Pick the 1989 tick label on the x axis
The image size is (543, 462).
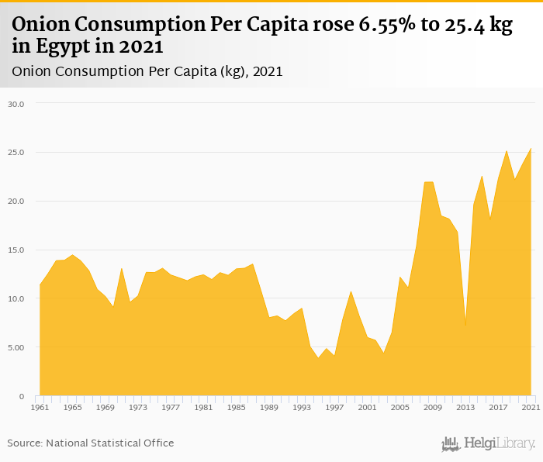tap(268, 407)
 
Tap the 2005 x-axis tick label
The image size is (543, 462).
tap(399, 407)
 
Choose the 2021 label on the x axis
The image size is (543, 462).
tap(531, 407)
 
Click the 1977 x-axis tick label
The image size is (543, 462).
tap(170, 407)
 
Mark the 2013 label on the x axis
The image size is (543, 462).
tap(465, 407)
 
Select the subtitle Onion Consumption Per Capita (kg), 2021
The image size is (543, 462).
tap(147, 71)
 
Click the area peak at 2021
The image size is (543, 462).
tap(531, 149)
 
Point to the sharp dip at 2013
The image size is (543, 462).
tap(465, 326)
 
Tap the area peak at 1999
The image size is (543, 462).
tap(351, 291)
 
